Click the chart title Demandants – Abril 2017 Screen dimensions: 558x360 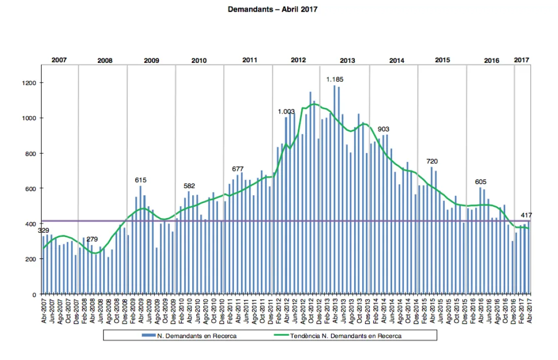[272, 9]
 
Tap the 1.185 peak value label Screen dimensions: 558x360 [334, 79]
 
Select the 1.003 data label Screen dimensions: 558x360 [286, 112]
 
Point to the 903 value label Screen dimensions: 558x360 [383, 129]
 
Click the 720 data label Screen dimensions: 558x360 [432, 161]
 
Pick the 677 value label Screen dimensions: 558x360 [238, 169]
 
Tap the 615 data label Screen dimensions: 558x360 [141, 180]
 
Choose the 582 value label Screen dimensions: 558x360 [189, 186]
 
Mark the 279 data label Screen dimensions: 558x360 [92, 239]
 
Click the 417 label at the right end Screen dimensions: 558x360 [527, 215]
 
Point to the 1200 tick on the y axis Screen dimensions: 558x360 [29, 83]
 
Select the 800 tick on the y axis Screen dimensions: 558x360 [30, 154]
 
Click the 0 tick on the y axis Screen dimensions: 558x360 [34, 295]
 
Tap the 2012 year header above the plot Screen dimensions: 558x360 [298, 60]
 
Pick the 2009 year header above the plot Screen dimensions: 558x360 [151, 60]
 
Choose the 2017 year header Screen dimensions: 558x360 [521, 60]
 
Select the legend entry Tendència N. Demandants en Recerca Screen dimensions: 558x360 [338, 336]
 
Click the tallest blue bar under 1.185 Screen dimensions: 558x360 [334, 190]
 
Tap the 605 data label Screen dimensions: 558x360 [480, 182]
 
